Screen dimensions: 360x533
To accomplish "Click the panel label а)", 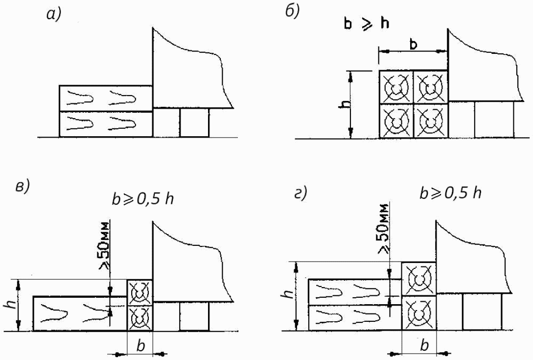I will (53, 15).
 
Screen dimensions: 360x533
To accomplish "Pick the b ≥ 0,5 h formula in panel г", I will (450, 192).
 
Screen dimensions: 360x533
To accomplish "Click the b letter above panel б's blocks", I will (414, 45).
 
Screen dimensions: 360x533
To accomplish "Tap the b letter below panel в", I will (140, 346).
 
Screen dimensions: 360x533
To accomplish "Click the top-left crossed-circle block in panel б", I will (396, 88).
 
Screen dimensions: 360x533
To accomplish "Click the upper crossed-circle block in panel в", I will (139, 292).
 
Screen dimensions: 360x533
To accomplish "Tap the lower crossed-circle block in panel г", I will (418, 313).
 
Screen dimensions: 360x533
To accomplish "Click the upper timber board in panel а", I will (106, 98).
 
